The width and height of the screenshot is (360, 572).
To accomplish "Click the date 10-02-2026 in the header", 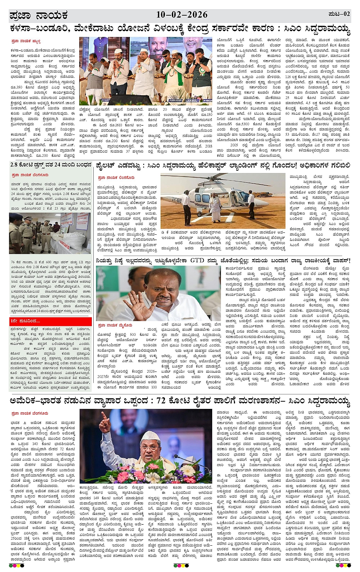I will tap(182, 15).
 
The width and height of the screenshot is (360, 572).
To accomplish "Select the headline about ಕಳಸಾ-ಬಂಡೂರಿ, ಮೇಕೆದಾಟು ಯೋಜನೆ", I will tap(180, 29).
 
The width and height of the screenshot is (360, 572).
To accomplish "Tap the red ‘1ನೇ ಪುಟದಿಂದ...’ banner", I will tap(50, 322).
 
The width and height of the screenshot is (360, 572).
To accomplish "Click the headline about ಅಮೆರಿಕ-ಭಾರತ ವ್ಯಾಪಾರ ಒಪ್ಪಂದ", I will tap(180, 401).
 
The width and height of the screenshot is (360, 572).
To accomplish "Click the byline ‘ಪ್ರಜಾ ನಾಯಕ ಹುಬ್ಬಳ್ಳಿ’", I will tap(26, 41).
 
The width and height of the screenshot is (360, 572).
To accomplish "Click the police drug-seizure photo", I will tap(50, 233).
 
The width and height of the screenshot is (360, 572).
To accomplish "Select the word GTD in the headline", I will tap(197, 261).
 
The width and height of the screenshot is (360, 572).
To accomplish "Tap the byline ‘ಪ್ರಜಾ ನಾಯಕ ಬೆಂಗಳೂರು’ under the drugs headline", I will tap(30, 175).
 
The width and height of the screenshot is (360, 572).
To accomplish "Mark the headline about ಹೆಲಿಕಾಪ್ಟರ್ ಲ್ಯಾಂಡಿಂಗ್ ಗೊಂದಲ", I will tap(223, 165).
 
